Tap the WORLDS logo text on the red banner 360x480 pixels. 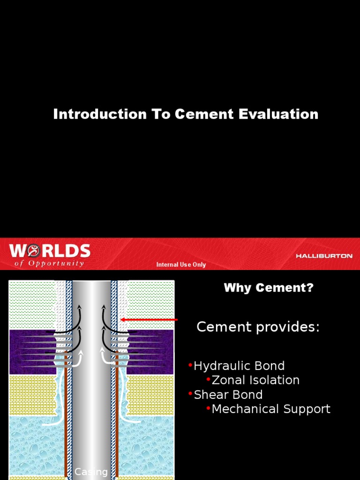[50, 251]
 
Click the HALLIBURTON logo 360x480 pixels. [324, 256]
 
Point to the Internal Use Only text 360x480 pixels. [181, 265]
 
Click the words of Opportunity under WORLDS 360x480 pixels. [49, 263]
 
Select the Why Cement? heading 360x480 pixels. [269, 288]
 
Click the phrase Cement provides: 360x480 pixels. [258, 327]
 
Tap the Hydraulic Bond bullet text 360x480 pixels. [239, 366]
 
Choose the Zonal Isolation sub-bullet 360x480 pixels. [255, 380]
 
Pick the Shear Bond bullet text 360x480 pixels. [228, 395]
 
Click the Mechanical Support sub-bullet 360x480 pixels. [271, 409]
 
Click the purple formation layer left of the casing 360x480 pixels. [28, 352]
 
